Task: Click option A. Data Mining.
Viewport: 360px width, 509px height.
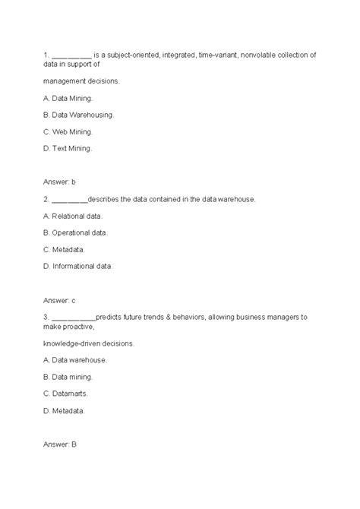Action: [71, 97]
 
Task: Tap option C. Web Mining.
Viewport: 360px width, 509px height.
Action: [71, 131]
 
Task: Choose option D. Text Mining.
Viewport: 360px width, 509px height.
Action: [71, 149]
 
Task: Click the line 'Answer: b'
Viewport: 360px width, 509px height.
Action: [61, 182]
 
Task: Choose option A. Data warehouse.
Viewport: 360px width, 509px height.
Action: [74, 359]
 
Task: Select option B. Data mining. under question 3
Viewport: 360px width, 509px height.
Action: [68, 376]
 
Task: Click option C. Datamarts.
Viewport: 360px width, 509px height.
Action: [67, 393]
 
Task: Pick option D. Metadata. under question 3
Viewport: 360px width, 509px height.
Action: [64, 410]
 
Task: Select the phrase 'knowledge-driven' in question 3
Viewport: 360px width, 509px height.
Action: [74, 343]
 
